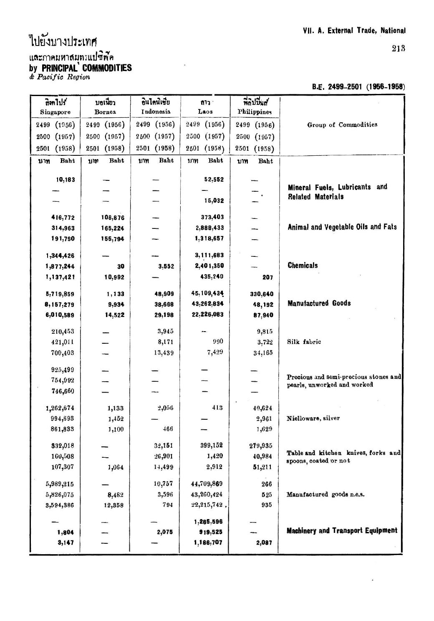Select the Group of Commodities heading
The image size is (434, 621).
(x=342, y=125)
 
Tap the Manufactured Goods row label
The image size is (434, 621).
(x=319, y=304)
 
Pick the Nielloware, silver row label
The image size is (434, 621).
(x=313, y=418)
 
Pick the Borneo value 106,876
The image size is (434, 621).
(x=113, y=218)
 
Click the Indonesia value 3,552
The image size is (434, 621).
(x=164, y=266)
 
